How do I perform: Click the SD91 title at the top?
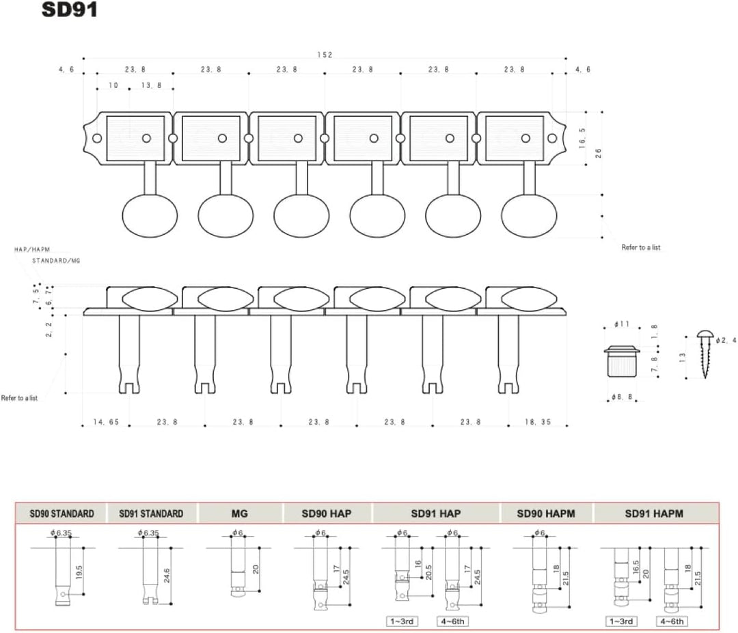[x=70, y=10]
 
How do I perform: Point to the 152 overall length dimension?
[x=325, y=55]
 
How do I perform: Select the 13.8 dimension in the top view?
[x=151, y=85]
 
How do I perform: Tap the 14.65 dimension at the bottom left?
[x=106, y=422]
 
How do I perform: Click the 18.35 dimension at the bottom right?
[x=538, y=422]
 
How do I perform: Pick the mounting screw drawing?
[x=705, y=354]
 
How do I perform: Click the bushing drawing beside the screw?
[x=622, y=361]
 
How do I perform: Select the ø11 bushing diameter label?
[x=621, y=324]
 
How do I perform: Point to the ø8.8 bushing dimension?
[x=622, y=397]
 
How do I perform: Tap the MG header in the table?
[x=240, y=514]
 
